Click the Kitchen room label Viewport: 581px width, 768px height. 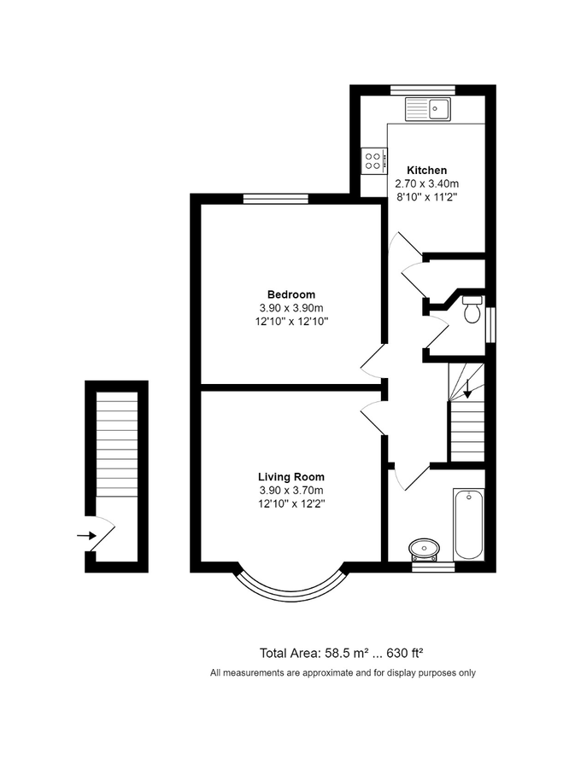coord(426,170)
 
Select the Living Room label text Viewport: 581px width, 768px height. coord(291,477)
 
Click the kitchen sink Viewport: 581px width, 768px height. coord(429,108)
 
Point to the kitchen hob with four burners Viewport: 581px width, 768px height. coord(373,160)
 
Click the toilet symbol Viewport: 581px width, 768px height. coord(471,310)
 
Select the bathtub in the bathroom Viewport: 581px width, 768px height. coord(469,523)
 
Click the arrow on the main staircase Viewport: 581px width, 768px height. coord(467,387)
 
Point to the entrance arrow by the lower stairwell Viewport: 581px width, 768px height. coord(86,535)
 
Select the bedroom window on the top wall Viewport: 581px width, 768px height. coord(275,199)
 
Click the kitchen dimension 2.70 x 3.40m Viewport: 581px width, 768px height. coord(426,183)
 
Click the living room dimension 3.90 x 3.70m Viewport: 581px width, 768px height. coord(291,491)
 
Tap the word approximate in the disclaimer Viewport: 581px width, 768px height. coord(320,672)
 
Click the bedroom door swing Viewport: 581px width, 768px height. coord(373,364)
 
